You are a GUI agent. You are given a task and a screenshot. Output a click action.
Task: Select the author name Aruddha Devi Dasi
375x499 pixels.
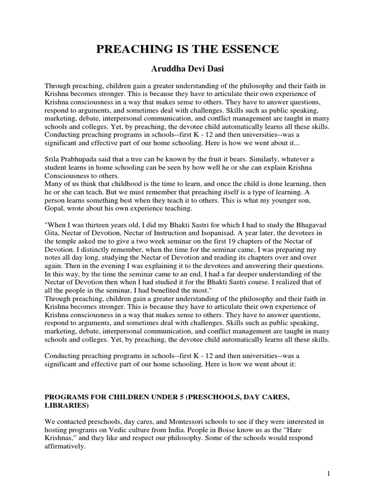pos(187,69)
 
